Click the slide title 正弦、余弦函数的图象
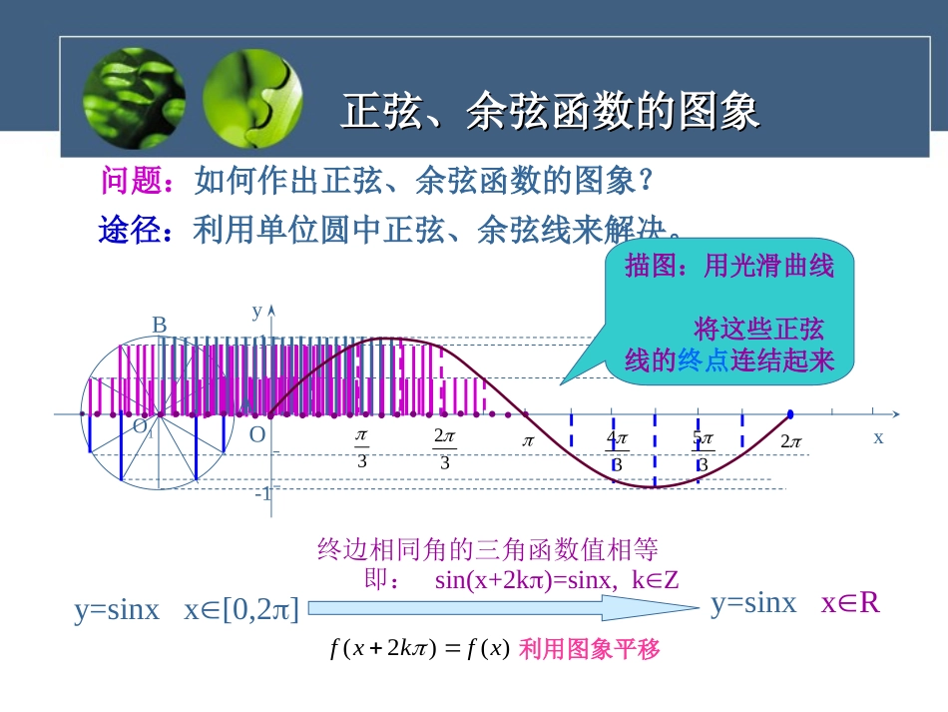pos(551,112)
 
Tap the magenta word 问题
pos(125,181)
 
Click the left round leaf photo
pos(134,99)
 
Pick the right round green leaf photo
pos(252,99)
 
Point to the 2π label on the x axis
pos(791,440)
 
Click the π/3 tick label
pos(362,448)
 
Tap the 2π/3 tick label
pos(444,448)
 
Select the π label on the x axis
pos(529,440)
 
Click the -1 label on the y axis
pos(263,493)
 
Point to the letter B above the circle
pos(159,325)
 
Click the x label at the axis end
pos(878,436)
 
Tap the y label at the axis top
pos(256,311)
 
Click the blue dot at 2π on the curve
pos(790,413)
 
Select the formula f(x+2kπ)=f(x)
pos(419,649)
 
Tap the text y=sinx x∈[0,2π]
pos(187,610)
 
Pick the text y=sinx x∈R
pos(795,603)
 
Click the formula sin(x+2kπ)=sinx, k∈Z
pos(557,580)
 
